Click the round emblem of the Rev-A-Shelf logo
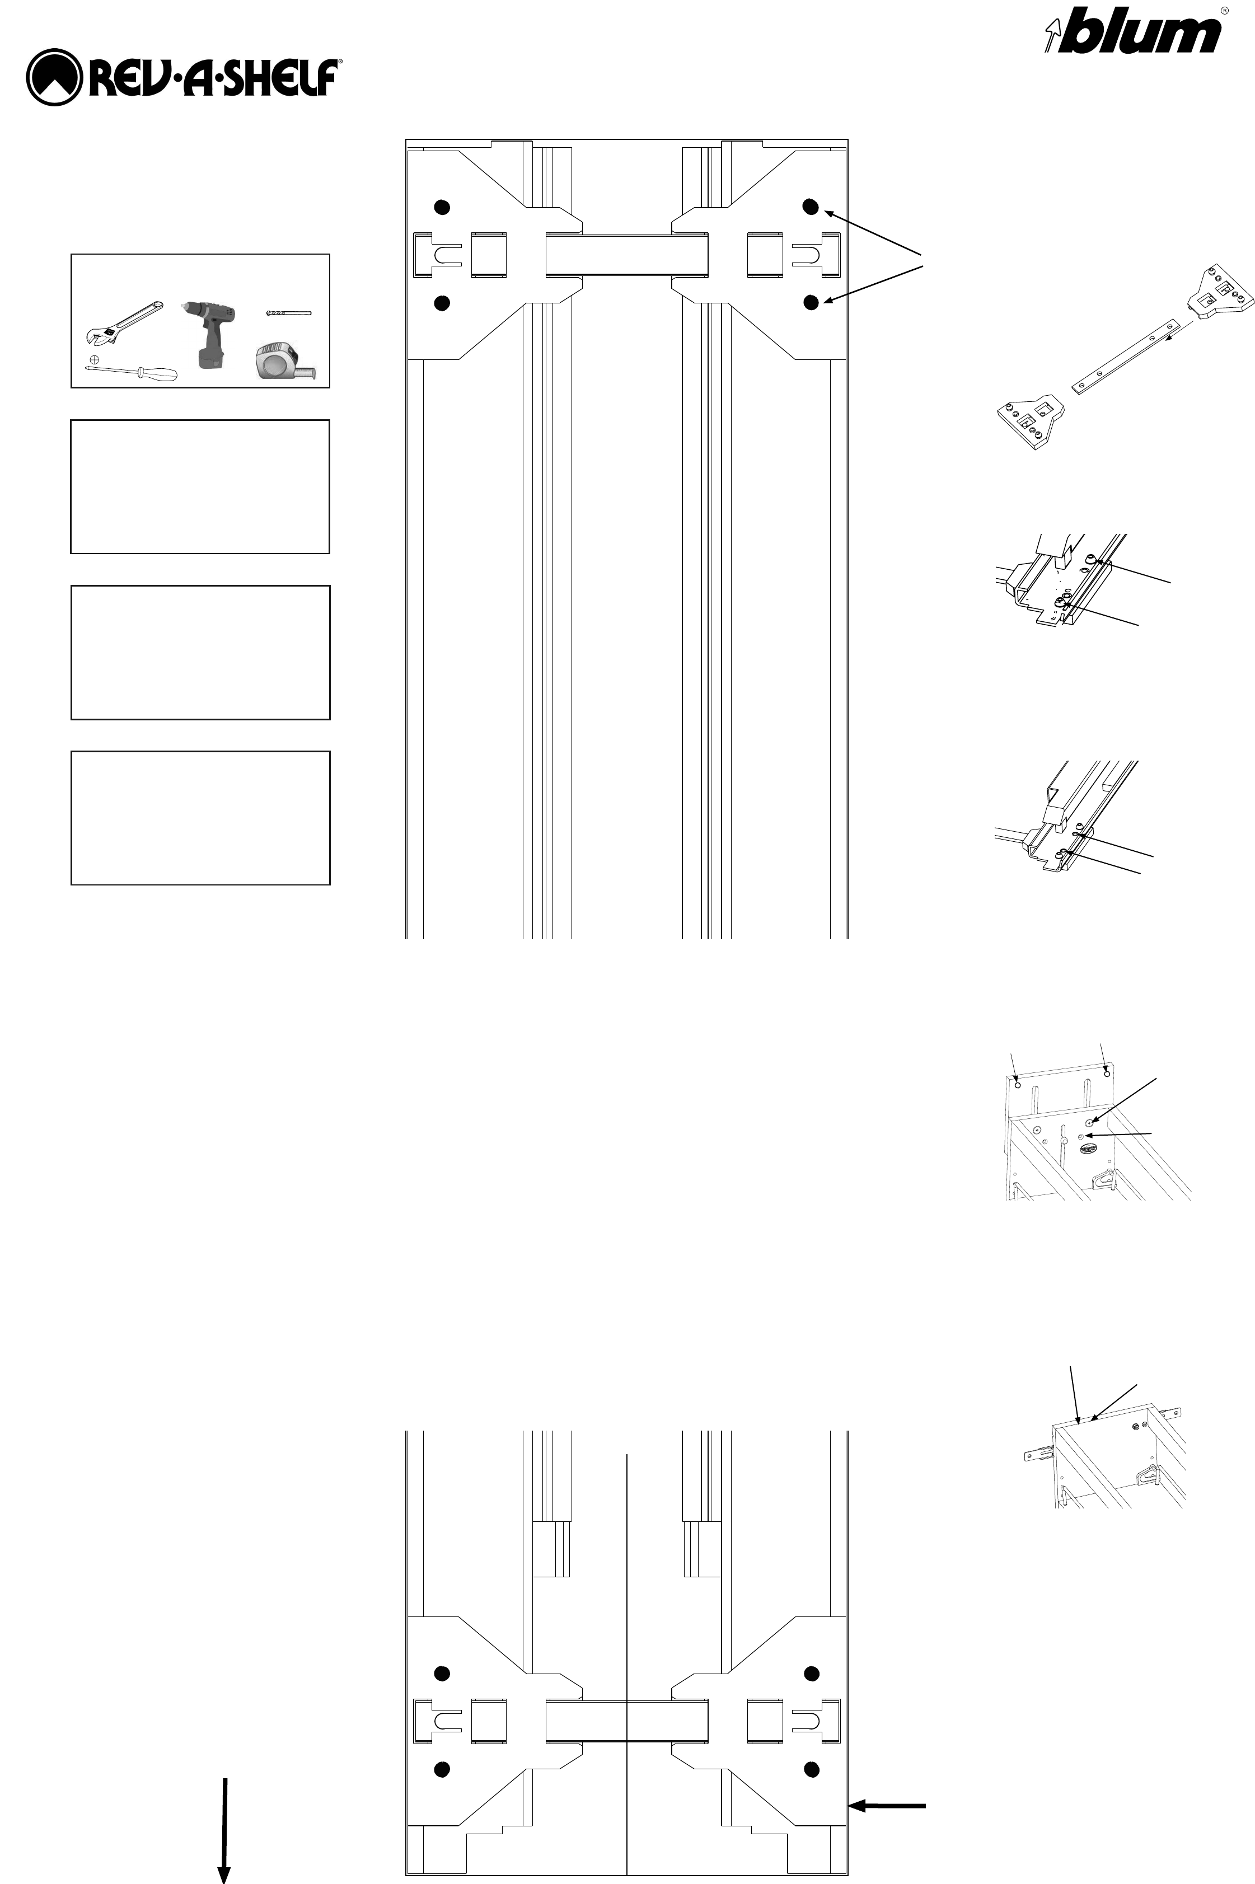[54, 78]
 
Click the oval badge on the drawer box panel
[1089, 1149]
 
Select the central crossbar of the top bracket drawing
[627, 256]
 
